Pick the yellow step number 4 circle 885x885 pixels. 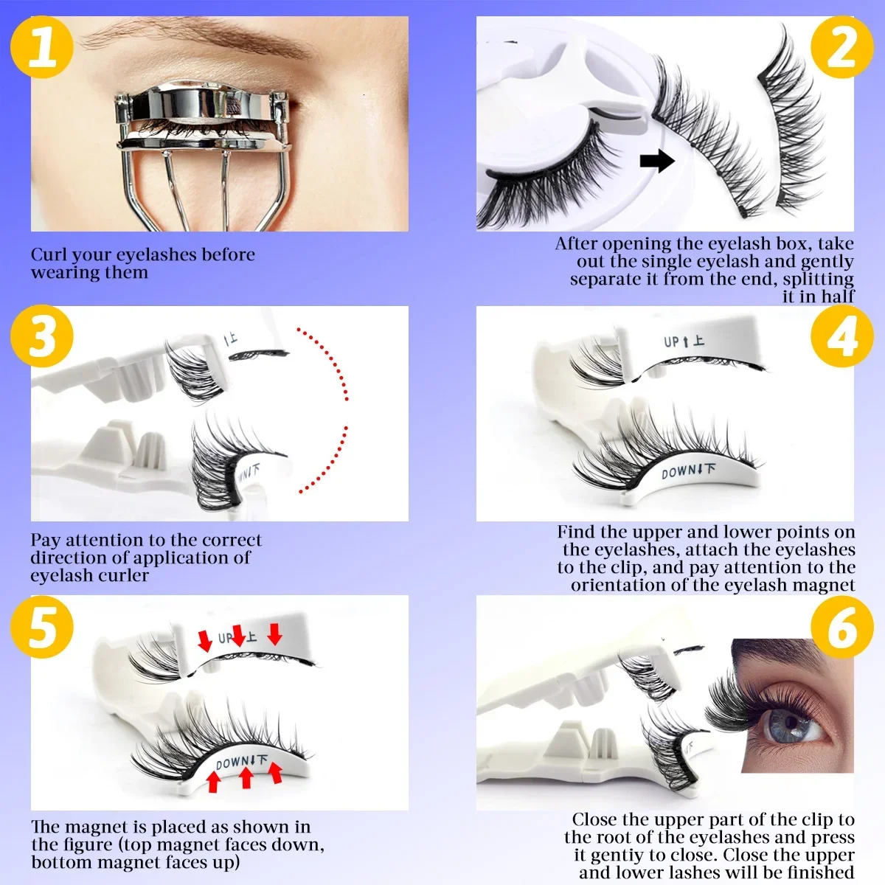[x=841, y=337]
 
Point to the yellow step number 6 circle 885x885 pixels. [x=841, y=627]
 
